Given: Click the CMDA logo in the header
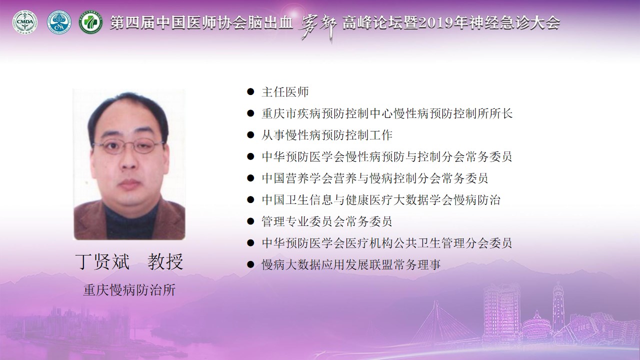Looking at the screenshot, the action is [25, 22].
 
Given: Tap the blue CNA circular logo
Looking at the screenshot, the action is [59, 22].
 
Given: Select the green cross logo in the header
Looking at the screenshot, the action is [91, 22].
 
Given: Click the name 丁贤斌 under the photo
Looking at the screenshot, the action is [102, 261].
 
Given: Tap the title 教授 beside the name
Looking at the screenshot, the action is [165, 261].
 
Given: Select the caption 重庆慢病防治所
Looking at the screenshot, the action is [129, 290].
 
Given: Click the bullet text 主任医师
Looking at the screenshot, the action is [285, 92].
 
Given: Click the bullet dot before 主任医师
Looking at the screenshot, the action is [250, 91].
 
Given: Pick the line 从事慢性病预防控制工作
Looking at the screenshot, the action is [327, 135].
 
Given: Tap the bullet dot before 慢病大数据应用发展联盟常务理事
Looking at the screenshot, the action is [250, 264].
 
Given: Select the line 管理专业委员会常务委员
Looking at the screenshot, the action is [327, 221].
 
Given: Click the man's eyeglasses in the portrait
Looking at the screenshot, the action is [128, 146].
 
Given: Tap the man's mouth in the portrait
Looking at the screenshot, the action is [129, 183].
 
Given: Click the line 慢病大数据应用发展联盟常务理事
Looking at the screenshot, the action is [351, 264].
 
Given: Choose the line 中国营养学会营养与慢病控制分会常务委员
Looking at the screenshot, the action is [375, 178].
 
